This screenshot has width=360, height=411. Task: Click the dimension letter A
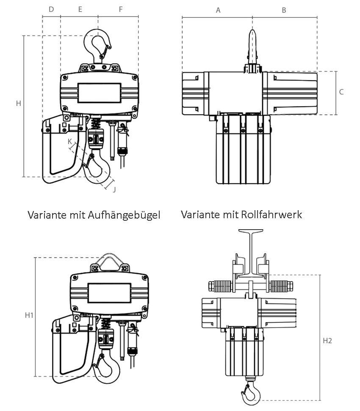(x=218, y=10)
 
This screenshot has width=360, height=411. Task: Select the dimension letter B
(x=284, y=10)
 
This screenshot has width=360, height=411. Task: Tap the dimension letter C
(x=341, y=92)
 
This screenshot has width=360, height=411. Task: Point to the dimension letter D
(x=51, y=9)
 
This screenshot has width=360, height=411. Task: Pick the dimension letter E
(x=80, y=9)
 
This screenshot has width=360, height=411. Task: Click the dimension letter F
(x=121, y=9)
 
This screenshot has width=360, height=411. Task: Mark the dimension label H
(x=18, y=103)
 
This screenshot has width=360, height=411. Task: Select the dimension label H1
(x=29, y=315)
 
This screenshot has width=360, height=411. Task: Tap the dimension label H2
(x=327, y=341)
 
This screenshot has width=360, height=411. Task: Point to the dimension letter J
(x=114, y=189)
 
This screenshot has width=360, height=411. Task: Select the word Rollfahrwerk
(x=271, y=214)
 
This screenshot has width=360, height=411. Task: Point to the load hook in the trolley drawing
(x=250, y=392)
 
